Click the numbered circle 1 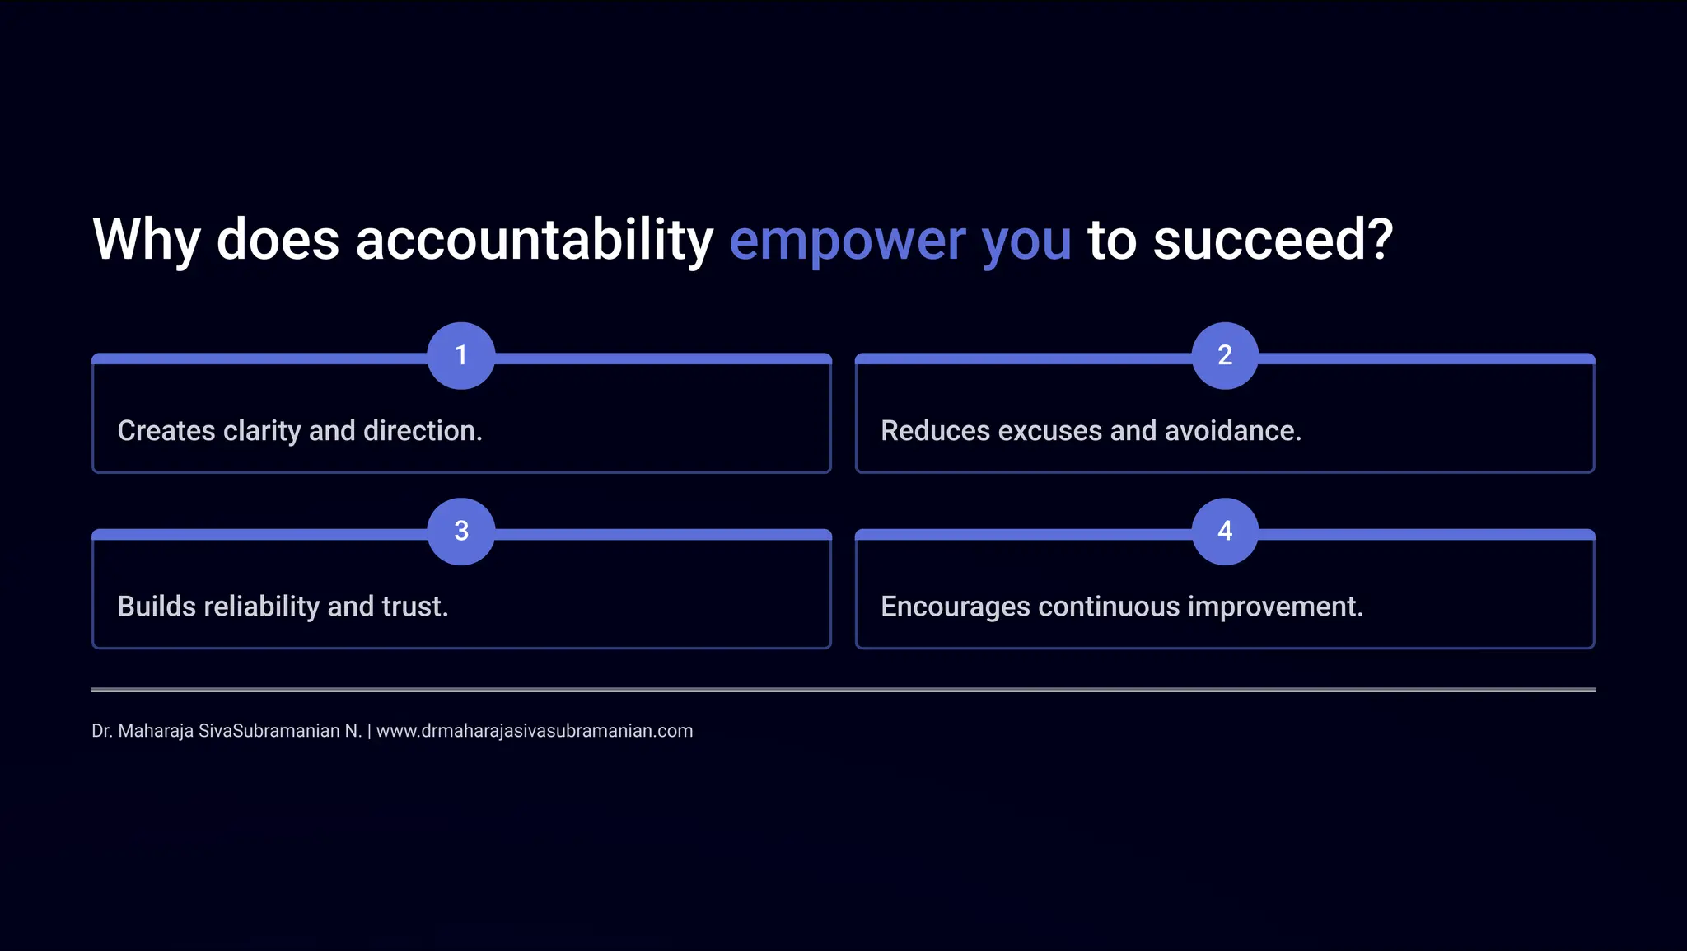[x=461, y=355]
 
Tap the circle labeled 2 [x=1225, y=355]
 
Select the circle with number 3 [x=461, y=531]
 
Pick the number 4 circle [x=1225, y=531]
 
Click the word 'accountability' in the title [x=534, y=240]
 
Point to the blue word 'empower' [x=848, y=240]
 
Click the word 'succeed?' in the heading [x=1273, y=240]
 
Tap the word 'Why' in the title [x=147, y=240]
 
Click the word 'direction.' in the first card [x=423, y=431]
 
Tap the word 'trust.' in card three [x=415, y=607]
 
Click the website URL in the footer [x=535, y=731]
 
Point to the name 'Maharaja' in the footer [x=156, y=731]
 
